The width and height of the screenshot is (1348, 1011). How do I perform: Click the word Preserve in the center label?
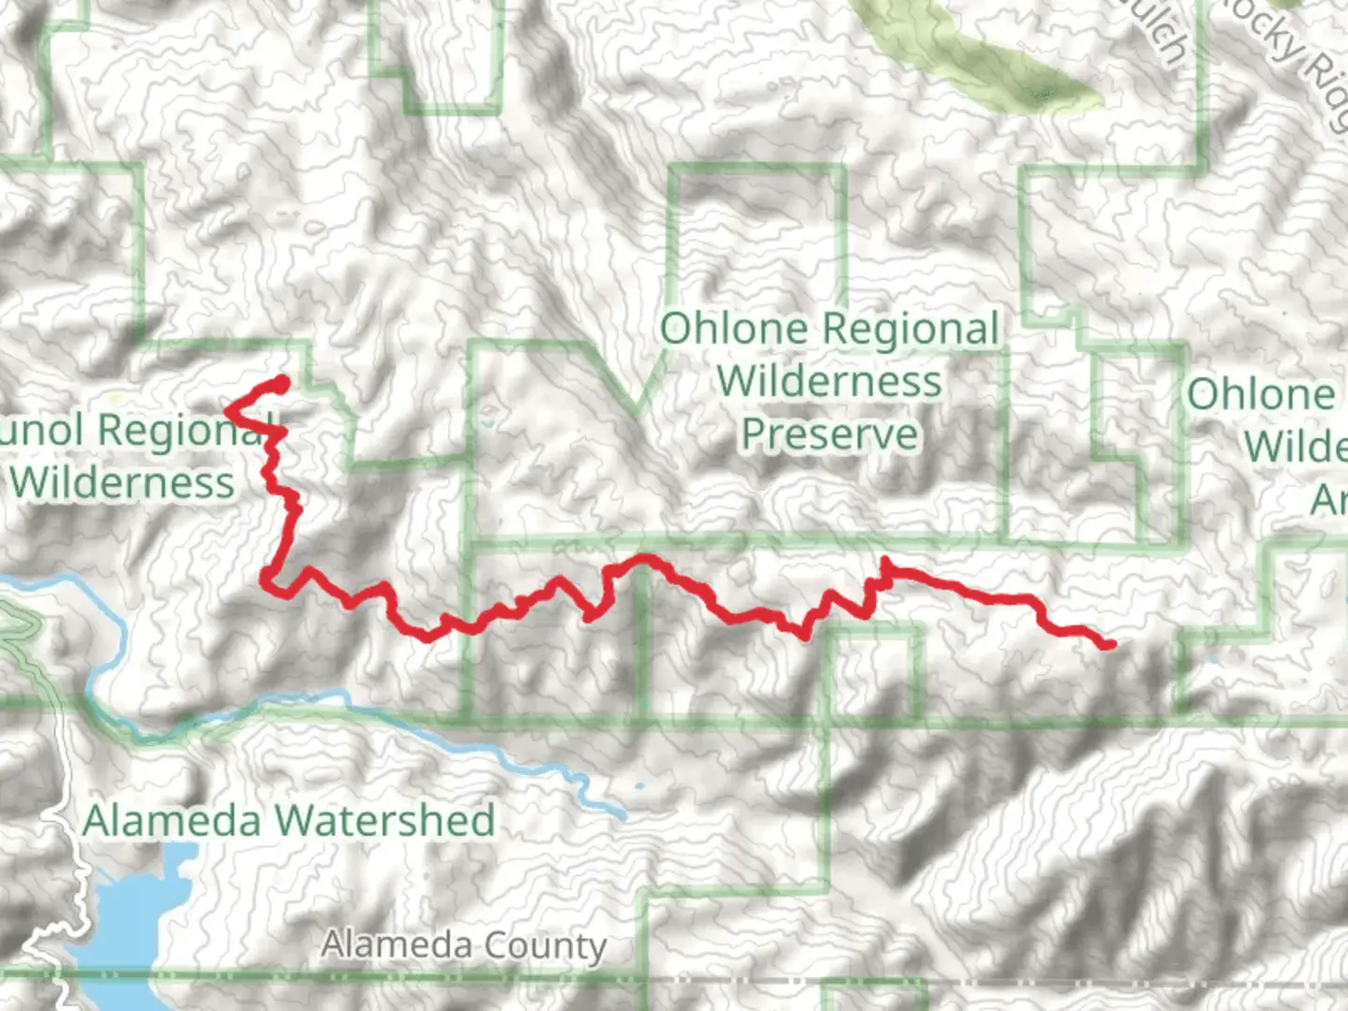[829, 434]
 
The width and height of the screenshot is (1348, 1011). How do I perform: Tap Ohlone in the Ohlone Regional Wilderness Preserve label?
[733, 330]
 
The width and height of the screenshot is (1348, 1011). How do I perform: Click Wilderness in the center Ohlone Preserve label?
[829, 382]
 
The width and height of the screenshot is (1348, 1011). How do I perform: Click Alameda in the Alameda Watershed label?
[171, 821]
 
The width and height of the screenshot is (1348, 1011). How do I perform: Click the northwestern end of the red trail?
[282, 380]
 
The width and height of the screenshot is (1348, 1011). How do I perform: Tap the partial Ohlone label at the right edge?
[1261, 394]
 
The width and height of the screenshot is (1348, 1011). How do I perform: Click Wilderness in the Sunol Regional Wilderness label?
[123, 483]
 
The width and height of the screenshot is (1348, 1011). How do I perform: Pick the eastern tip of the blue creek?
[622, 814]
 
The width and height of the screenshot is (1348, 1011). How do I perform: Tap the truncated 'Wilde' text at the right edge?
[1295, 447]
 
